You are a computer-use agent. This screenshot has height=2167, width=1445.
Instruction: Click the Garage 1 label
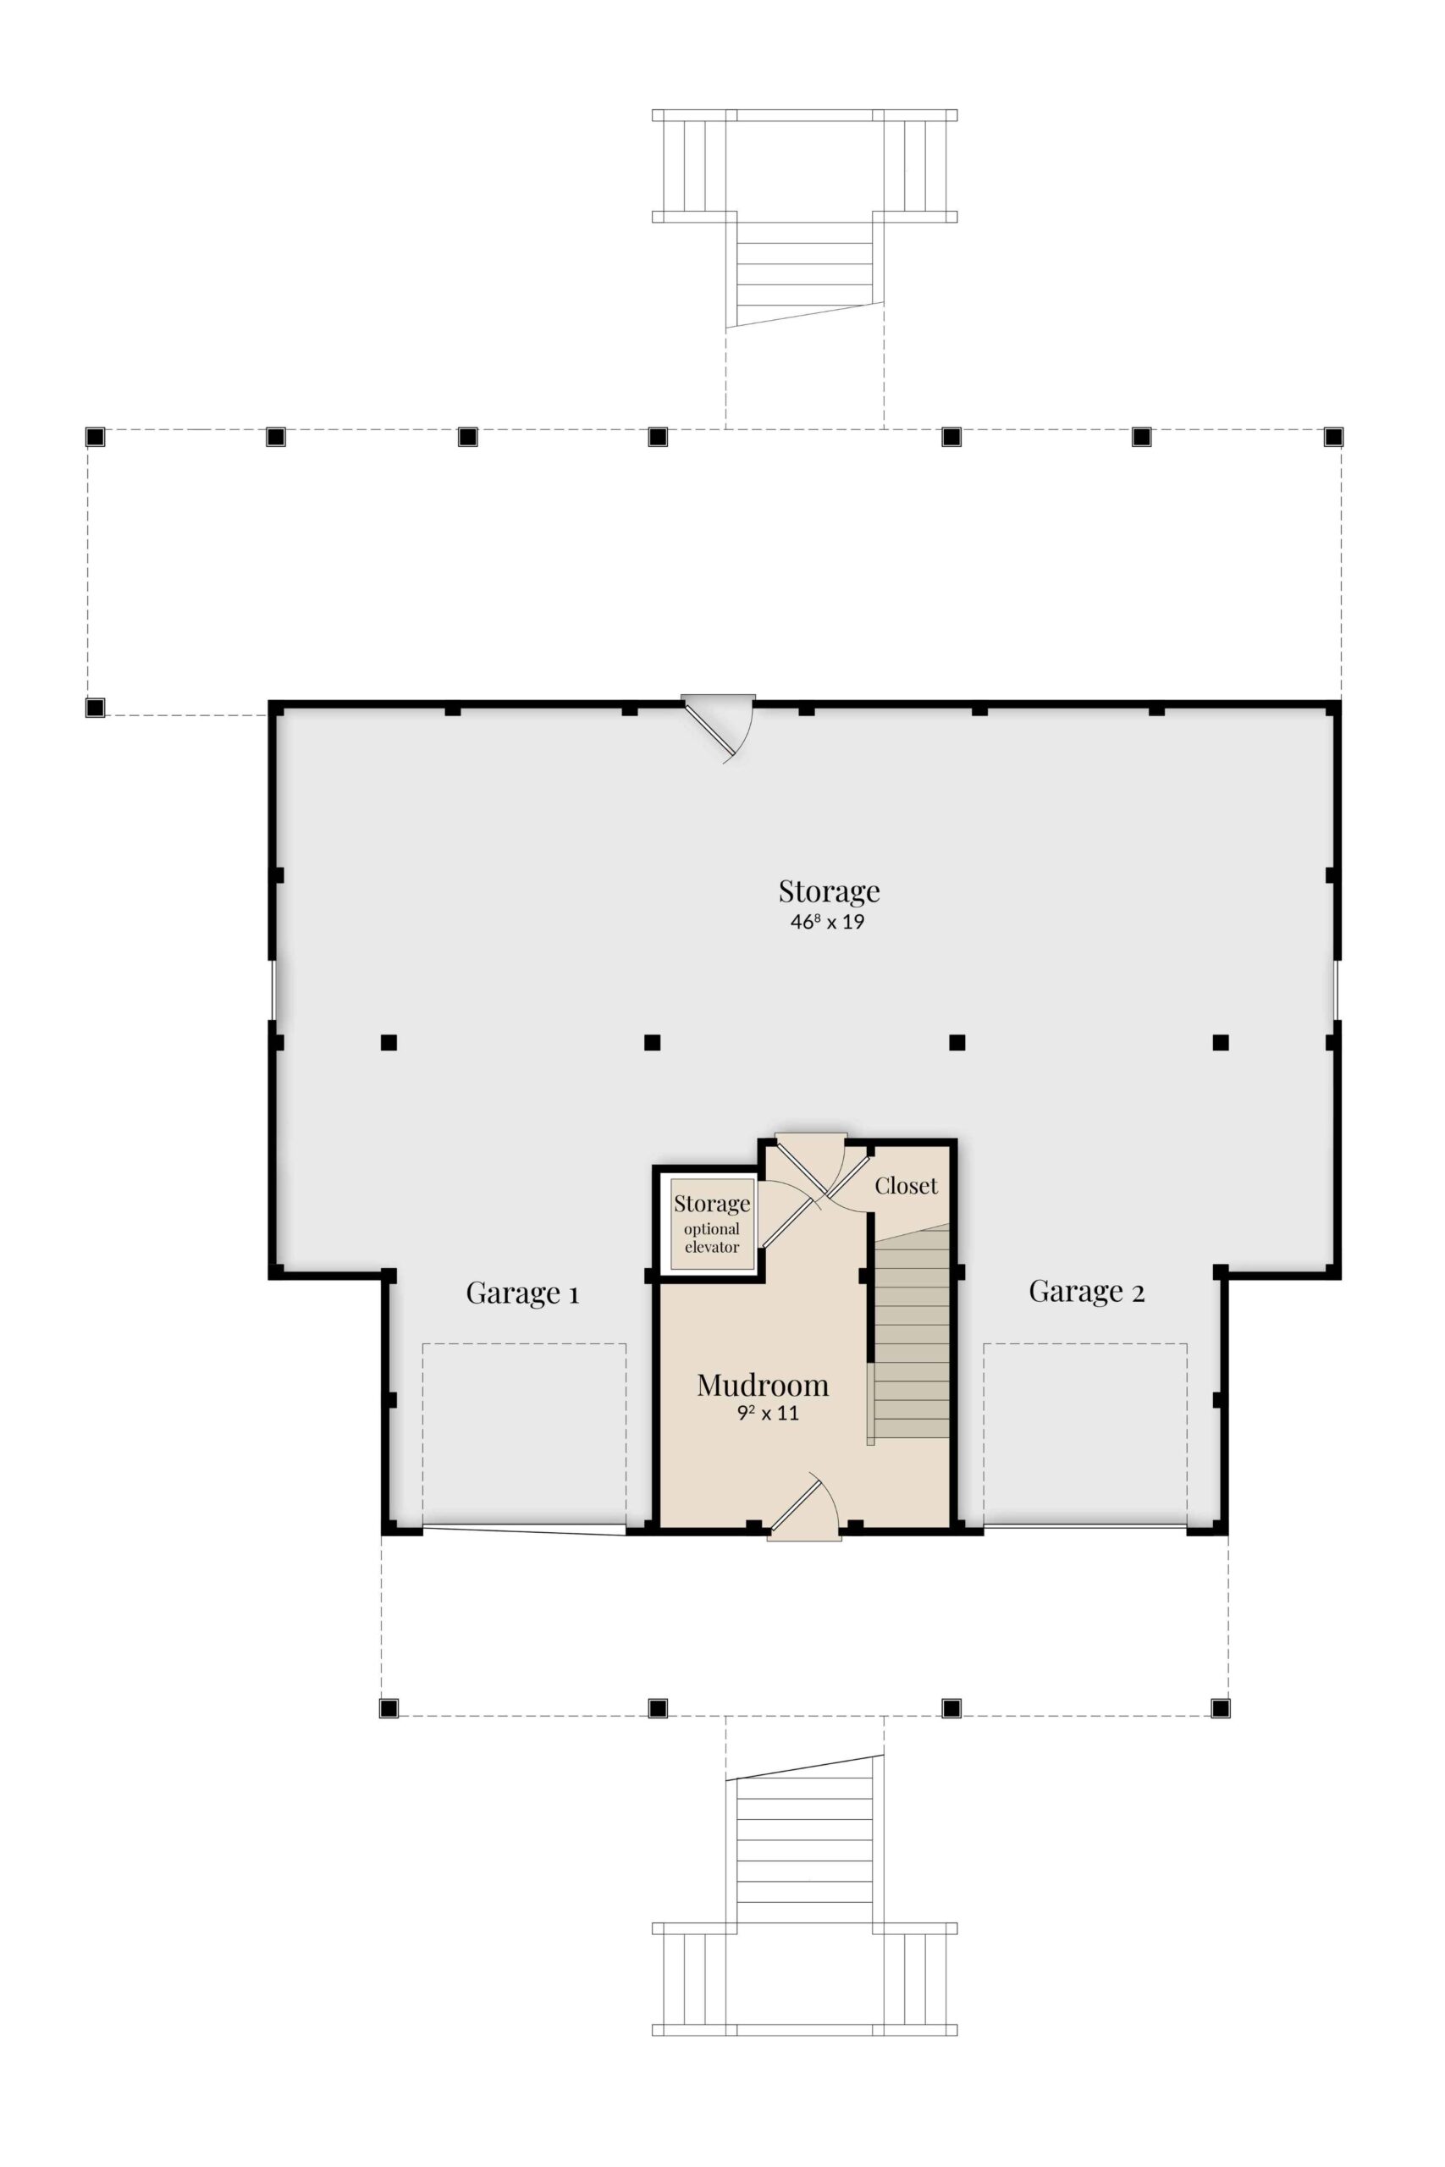[x=522, y=1293]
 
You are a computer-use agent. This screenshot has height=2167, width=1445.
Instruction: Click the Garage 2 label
[x=1087, y=1292]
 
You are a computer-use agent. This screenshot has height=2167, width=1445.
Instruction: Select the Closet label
[x=906, y=1186]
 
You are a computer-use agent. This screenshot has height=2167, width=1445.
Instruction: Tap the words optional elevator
[x=711, y=1238]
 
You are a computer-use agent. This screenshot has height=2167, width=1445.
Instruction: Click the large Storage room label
[x=830, y=891]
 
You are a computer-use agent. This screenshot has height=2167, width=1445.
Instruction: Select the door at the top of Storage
[x=718, y=730]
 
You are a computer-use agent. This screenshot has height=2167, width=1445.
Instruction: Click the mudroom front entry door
[x=803, y=1507]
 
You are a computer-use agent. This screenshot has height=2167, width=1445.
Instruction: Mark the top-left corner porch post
[x=95, y=437]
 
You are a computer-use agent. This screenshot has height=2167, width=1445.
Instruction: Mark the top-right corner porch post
[x=1333, y=437]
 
